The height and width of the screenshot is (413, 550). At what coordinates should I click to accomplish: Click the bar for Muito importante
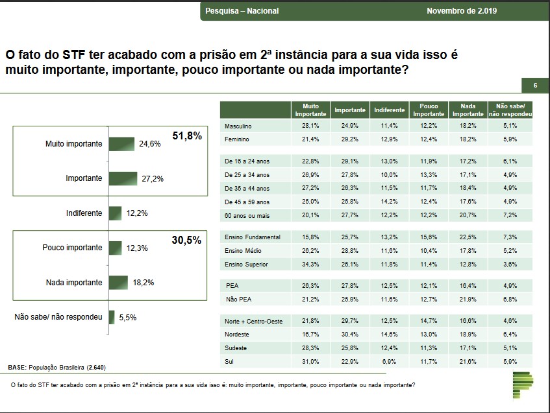point(121,144)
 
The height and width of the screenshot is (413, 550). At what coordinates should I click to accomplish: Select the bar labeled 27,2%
point(123,178)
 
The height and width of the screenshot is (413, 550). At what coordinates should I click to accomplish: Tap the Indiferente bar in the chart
point(115,213)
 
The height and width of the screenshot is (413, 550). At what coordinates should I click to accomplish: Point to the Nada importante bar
point(118,283)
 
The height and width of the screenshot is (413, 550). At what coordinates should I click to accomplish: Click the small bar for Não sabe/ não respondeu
point(112,317)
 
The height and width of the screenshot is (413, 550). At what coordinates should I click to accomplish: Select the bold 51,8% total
point(187,136)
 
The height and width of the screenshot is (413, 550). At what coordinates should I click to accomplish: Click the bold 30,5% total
point(187,239)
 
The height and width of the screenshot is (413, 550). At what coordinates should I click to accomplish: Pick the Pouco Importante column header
point(429,110)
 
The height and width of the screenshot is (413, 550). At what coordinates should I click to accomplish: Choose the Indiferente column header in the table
point(390,110)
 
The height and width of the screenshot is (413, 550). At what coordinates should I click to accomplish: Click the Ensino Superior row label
point(246,265)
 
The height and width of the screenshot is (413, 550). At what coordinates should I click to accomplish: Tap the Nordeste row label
point(238,335)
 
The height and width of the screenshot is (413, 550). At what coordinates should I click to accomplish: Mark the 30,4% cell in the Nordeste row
point(350,335)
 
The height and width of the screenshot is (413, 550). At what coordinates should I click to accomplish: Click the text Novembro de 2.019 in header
point(460,11)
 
